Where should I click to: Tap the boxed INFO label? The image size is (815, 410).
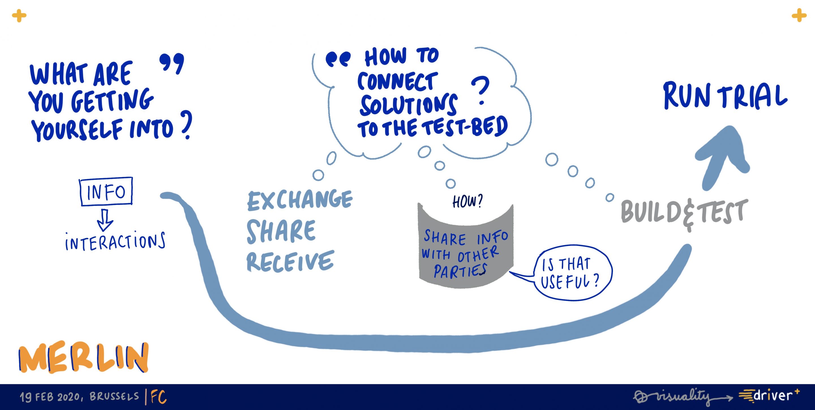pyautogui.click(x=106, y=191)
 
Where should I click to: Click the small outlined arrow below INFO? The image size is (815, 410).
pyautogui.click(x=105, y=220)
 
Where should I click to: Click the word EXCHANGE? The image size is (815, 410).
pyautogui.click(x=300, y=200)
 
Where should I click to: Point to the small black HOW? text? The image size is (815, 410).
pyautogui.click(x=467, y=201)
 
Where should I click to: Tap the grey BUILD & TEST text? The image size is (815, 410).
pyautogui.click(x=684, y=213)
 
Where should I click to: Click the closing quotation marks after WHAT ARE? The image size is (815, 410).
pyautogui.click(x=172, y=63)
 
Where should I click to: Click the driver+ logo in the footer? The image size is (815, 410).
pyautogui.click(x=769, y=396)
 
